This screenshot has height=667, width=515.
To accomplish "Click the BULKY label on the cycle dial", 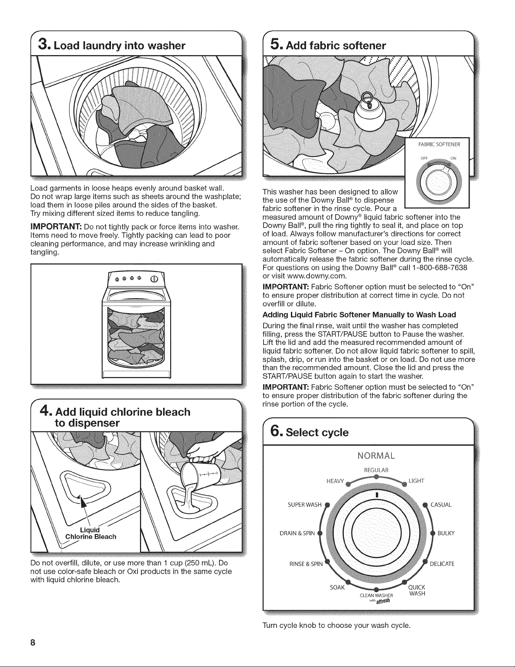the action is tap(446, 533).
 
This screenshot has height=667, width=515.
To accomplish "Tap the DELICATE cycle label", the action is tap(442, 564).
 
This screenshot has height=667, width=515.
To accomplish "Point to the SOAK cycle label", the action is tap(337, 587).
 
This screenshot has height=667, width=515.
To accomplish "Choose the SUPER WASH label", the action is tap(305, 505).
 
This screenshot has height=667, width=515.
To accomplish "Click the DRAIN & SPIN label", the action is tap(297, 533).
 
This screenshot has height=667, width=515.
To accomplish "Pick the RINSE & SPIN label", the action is tap(306, 564).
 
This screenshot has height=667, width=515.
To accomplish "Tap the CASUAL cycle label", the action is tap(441, 505).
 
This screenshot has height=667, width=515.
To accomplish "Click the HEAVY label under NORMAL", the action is tap(335, 481).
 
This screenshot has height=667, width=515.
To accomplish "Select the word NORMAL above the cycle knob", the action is tap(376, 456).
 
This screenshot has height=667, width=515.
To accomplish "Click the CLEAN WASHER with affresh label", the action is tap(376, 598).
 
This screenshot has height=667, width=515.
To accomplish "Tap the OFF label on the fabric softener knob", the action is tap(424, 158).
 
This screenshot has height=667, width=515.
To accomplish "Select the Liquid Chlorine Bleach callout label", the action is tap(91, 534).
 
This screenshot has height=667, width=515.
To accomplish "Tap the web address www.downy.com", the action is tap(312, 276).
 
